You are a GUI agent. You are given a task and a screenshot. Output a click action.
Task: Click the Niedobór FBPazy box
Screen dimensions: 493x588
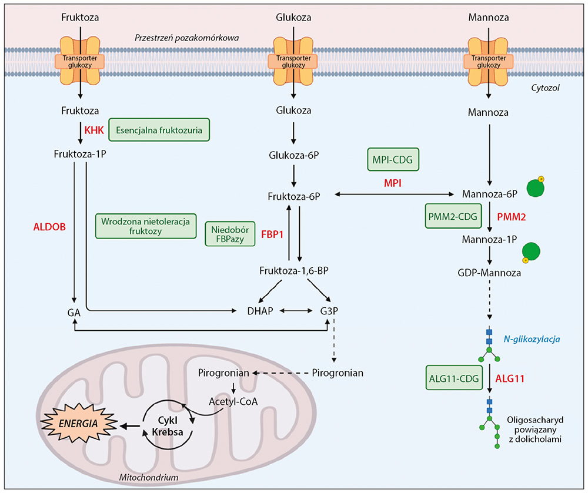(226, 234)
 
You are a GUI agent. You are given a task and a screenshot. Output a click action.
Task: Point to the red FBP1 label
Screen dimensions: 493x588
(272, 234)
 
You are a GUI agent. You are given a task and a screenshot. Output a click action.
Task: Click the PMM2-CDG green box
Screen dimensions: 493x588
(454, 216)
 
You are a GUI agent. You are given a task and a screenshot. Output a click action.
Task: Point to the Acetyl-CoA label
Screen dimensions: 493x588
(233, 401)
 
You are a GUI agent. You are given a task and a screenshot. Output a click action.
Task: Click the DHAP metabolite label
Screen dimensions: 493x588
(260, 310)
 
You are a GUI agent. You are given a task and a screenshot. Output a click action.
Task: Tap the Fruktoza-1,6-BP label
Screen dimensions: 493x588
(293, 271)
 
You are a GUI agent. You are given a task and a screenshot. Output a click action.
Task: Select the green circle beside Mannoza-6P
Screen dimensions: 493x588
(534, 188)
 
